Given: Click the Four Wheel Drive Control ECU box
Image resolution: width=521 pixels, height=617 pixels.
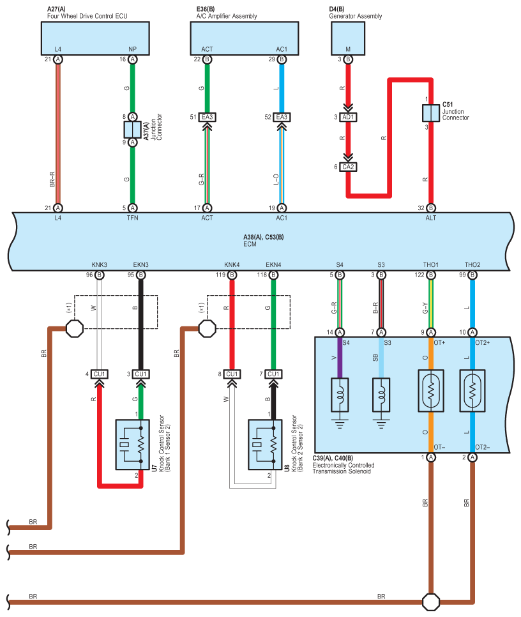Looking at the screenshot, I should click(x=96, y=38).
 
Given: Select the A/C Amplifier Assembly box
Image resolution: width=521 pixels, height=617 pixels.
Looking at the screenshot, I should click(x=245, y=38).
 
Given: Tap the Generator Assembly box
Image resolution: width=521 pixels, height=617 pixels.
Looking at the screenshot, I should click(x=347, y=38).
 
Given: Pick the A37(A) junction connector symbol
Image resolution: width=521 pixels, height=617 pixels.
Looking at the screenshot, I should click(x=133, y=129).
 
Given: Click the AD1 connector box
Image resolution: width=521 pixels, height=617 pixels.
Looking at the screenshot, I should click(x=349, y=117).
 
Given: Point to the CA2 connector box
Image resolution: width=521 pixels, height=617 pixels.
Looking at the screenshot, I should click(x=349, y=167).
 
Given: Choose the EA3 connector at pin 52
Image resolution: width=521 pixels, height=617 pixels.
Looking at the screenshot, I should click(x=282, y=117).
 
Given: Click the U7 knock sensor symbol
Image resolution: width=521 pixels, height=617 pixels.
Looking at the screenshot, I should click(x=132, y=445).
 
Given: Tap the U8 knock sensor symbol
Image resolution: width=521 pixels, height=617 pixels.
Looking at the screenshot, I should click(x=265, y=445).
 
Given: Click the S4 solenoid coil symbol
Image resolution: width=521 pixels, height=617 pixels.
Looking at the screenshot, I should click(x=340, y=395).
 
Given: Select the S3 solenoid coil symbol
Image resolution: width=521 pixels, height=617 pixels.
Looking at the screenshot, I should click(x=381, y=395).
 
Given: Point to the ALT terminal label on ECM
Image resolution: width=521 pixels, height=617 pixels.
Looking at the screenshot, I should click(x=431, y=218).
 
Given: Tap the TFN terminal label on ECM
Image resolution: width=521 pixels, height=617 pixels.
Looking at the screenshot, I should click(x=133, y=218).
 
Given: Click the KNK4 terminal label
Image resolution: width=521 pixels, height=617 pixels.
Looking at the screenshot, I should click(x=232, y=265).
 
